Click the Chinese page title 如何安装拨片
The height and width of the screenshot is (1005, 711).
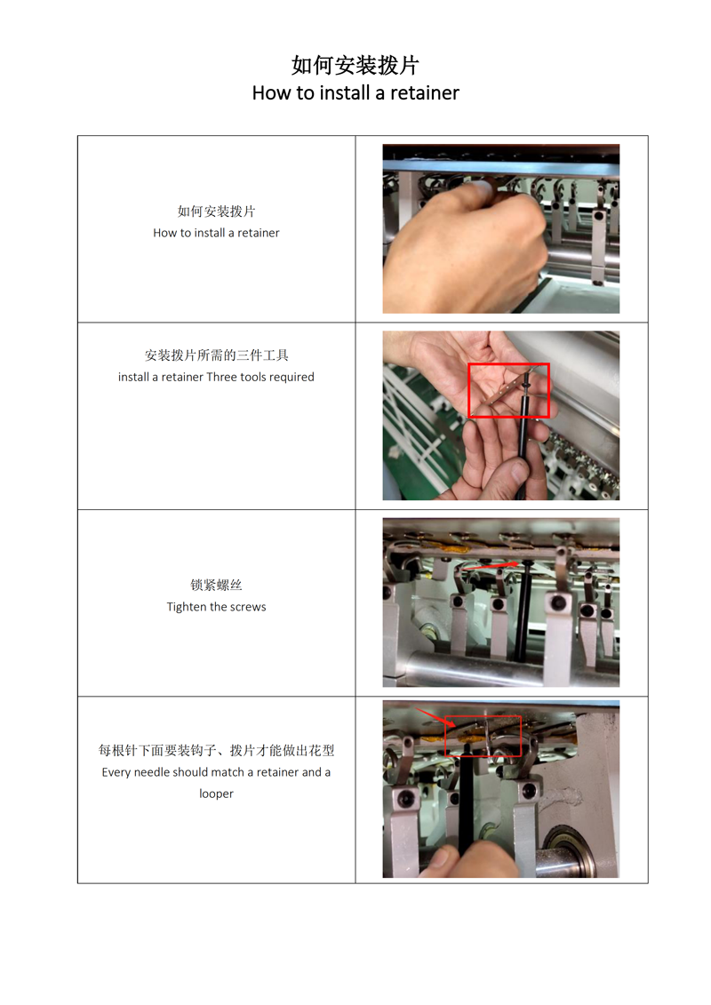point(355,65)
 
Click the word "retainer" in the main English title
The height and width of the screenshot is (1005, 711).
point(425,93)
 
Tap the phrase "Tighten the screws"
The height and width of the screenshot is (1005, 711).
point(216,606)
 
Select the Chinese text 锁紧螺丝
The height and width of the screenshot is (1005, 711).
point(216,585)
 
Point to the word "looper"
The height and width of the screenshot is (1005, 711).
point(216,794)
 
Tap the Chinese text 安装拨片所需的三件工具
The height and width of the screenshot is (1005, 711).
point(216,355)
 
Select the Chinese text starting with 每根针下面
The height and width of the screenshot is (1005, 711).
point(216,750)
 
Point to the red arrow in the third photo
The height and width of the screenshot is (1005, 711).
point(490,565)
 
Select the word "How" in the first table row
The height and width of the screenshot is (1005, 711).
point(164,233)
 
